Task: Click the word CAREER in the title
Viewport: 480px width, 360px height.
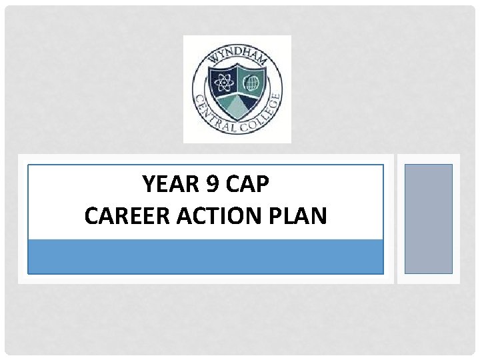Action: pos(119,216)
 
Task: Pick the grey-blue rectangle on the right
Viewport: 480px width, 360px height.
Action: pos(428,219)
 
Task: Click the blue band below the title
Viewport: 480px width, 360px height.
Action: pos(205,257)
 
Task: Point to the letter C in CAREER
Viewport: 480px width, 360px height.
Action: pos(92,216)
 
